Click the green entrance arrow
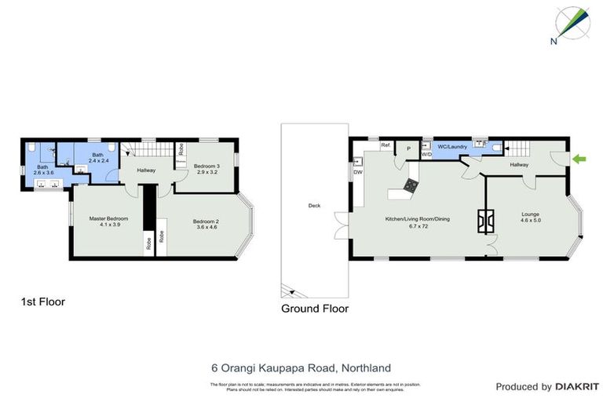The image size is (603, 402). coord(579,159)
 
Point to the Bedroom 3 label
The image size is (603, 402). coord(207,168)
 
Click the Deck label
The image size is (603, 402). coord(314,206)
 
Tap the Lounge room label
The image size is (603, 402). coord(532,217)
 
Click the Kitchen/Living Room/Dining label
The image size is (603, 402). coord(417,221)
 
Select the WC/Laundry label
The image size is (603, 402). coord(452,147)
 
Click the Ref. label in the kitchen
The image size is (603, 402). coord(386,145)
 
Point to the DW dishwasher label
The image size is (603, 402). coord(357,172)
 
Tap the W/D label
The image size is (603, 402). coord(426,155)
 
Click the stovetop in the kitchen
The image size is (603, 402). coord(411,185)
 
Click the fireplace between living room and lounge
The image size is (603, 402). coord(487,221)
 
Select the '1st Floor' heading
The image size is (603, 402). coord(42,301)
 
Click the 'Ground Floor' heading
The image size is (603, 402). coord(314,309)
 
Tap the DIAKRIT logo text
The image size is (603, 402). coord(577,386)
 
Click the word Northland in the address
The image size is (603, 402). coord(364,367)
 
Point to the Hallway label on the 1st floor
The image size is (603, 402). coord(146,170)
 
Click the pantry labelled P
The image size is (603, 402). coord(408,149)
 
